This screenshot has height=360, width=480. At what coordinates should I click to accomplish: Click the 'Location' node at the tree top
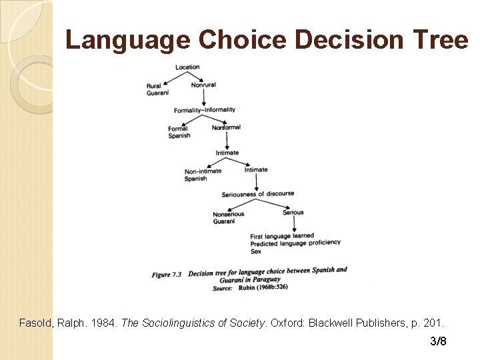187,67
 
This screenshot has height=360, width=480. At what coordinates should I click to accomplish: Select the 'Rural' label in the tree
154,85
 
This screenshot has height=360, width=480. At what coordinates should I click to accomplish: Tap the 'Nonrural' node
203,85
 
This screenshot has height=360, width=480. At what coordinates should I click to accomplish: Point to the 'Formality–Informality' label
205,110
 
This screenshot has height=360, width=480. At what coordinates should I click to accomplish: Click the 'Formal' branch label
178,129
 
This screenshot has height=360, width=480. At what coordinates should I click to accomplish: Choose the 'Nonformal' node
226,127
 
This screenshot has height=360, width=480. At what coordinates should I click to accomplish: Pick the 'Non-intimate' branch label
203,171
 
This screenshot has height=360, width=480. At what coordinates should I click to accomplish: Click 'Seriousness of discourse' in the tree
258,194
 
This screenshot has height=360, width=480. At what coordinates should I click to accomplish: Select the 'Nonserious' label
229,214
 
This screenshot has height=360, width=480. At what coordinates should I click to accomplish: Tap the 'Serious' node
293,213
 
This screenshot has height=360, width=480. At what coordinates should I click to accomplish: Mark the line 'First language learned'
282,236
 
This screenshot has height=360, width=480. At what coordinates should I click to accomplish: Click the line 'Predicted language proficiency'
295,243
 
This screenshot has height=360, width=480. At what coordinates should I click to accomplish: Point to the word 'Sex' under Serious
256,251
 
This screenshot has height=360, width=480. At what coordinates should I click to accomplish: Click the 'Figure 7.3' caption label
166,275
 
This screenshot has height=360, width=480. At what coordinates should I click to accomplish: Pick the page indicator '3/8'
438,341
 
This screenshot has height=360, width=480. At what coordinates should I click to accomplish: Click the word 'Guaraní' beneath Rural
157,93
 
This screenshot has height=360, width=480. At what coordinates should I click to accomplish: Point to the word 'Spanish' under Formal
179,136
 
